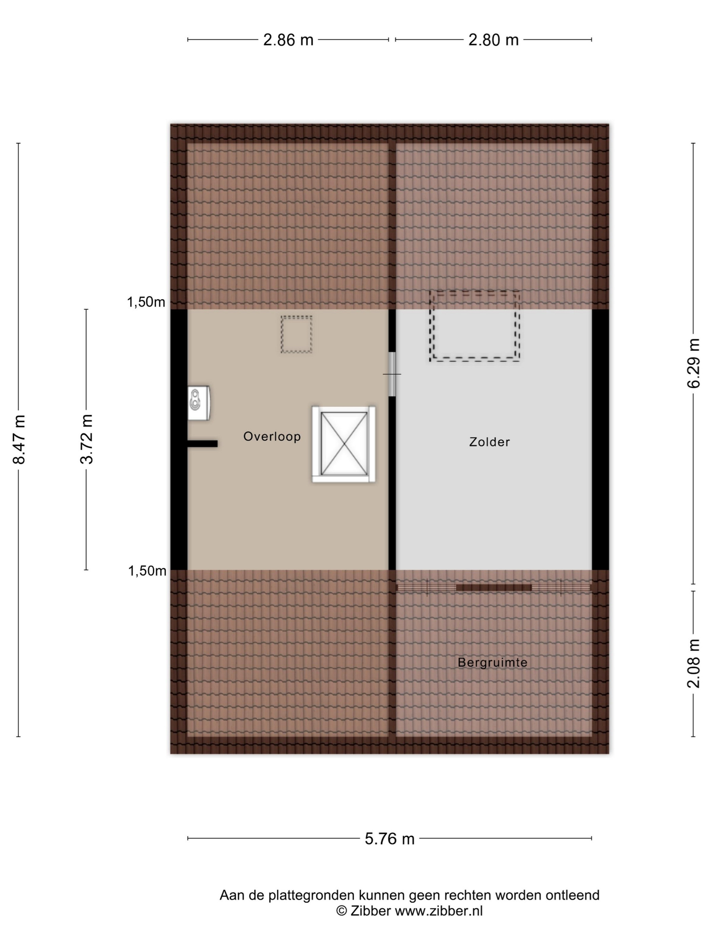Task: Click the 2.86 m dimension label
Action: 288,40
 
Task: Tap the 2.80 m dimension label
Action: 493,40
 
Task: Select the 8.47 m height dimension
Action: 19,439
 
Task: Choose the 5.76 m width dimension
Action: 390,838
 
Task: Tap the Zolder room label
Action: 489,442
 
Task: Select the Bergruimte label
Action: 492,662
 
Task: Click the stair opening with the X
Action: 344,444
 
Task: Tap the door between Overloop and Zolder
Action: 392,374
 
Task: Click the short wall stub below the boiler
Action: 202,444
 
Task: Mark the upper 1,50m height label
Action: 146,302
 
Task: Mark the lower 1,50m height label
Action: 147,571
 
